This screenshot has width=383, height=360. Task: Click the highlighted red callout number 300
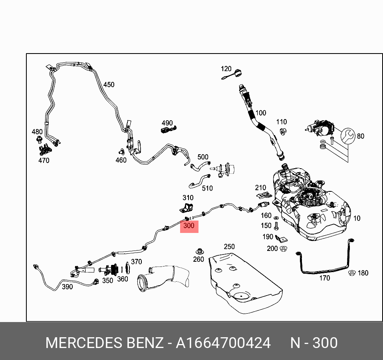[x=189, y=226]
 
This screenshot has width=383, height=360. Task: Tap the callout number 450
[x=109, y=85]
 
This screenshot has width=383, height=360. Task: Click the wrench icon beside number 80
[x=347, y=136]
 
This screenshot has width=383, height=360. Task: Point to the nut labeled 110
[x=282, y=131]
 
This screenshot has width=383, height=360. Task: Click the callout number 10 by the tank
[x=357, y=218]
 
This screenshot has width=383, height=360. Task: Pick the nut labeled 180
[x=352, y=273]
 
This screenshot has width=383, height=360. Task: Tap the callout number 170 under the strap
[x=325, y=278]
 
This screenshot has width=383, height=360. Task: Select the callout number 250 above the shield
[x=229, y=247]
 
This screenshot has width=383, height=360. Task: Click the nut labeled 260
[x=199, y=251]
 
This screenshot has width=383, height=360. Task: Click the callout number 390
[x=67, y=286]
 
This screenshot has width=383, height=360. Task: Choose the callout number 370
[x=137, y=262]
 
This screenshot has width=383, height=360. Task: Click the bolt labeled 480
[x=39, y=139]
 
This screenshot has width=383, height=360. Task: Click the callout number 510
[x=207, y=188]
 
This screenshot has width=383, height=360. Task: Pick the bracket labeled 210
[x=263, y=195]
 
